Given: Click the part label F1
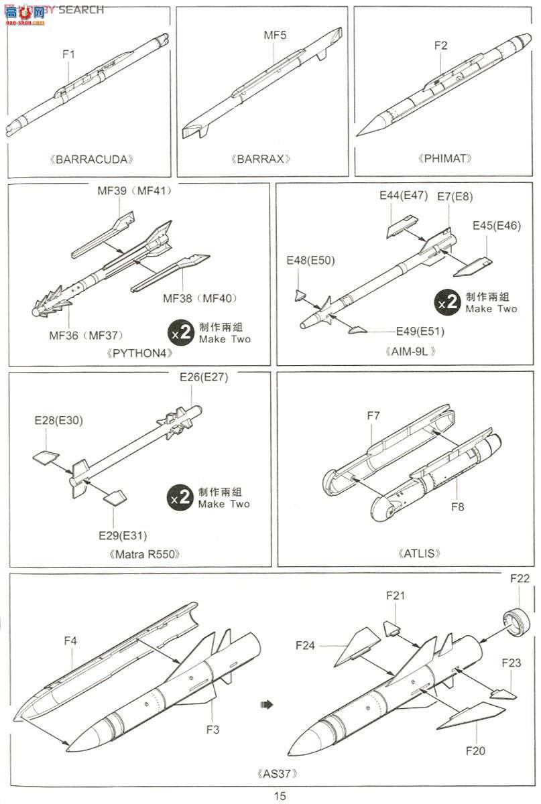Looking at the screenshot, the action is pos(68,54).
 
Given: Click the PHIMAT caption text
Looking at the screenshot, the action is pos(447,159).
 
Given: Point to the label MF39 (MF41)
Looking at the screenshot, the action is pos(134,190).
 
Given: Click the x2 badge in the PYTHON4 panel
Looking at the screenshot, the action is pos(182,332).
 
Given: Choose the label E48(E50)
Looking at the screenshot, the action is pos(310,260).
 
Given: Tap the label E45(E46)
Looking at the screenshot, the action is pos(496,225).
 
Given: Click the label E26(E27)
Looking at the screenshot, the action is pos(204,377).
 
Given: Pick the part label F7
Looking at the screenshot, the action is pos(373,415).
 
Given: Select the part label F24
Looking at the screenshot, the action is pos(306,645).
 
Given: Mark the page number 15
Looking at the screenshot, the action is pos(280,796).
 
